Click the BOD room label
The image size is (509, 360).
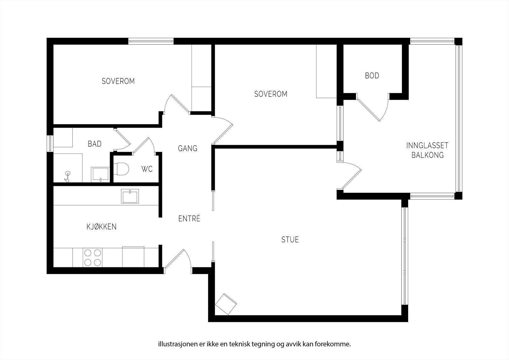point(372,76)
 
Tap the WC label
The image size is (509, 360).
point(147,169)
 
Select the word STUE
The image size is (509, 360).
point(290,239)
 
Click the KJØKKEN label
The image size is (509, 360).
point(101,227)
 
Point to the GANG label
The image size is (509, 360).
point(187,148)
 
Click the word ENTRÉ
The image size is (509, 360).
point(189,219)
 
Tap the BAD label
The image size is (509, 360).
point(94,144)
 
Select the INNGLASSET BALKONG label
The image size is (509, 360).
point(427,150)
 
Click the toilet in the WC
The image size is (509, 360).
point(122,169)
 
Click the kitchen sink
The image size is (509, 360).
point(130,196)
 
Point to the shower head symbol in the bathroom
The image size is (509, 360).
point(67,174)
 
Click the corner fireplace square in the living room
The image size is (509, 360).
point(226,304)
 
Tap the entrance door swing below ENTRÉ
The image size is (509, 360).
point(178,259)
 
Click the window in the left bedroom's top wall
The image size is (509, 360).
point(151,41)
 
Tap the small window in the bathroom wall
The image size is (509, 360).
point(50,143)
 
